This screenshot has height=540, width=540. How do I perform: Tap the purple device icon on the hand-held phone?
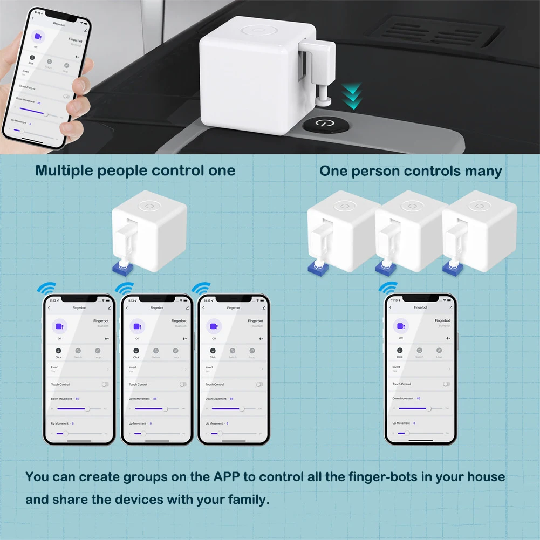click(38, 36)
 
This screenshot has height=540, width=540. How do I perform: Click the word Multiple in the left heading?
click(64, 171)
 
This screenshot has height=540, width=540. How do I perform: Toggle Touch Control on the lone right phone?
click(446, 384)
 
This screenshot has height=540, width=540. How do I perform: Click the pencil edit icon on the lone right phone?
click(450, 307)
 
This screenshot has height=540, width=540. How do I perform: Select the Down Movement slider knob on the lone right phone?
click(428, 409)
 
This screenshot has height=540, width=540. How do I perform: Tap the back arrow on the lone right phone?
click(391, 307)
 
